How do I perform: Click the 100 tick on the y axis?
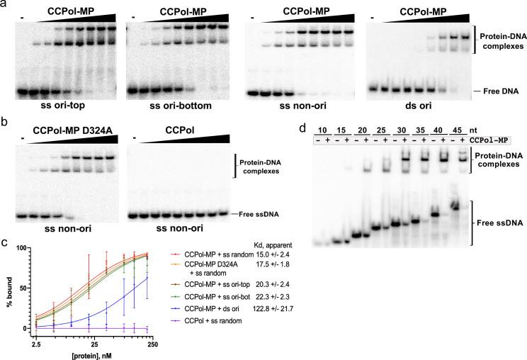20,248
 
